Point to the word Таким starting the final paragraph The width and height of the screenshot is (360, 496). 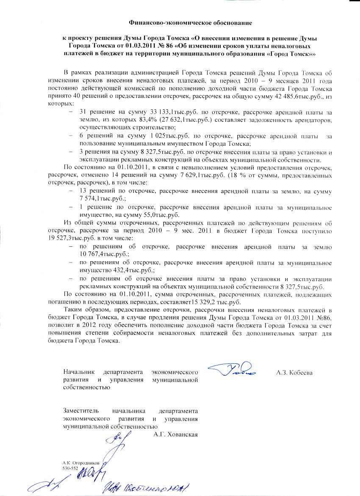71,309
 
